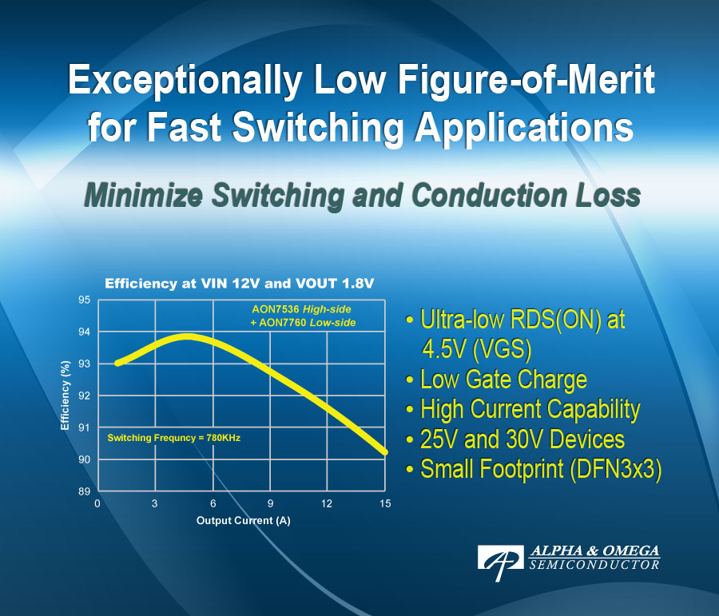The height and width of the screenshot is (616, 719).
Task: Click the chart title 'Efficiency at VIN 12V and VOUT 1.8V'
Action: click(240, 283)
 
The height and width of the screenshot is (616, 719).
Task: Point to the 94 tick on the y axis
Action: click(84, 332)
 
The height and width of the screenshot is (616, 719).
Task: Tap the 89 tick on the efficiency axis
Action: click(84, 491)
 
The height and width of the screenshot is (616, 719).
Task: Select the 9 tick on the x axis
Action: click(270, 504)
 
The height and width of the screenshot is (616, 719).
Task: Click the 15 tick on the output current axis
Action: click(385, 504)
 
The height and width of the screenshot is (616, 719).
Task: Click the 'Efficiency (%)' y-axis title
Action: click(66, 395)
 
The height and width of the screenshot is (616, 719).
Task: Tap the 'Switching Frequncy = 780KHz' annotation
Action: click(174, 438)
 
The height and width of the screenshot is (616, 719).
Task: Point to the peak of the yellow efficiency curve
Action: click(187, 336)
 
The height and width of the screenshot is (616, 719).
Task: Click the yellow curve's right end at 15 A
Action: click(385, 452)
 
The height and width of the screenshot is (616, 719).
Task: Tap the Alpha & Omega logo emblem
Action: click(500, 558)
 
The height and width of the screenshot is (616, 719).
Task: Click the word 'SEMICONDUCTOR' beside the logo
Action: click(594, 565)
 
